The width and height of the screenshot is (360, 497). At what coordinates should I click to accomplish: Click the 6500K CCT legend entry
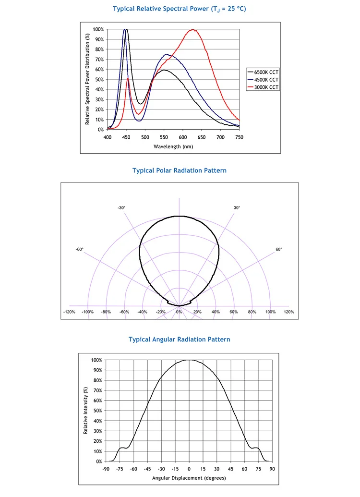[263, 72]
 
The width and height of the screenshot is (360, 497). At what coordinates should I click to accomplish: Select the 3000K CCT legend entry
[263, 87]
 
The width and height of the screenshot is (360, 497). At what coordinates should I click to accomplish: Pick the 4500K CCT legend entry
[263, 80]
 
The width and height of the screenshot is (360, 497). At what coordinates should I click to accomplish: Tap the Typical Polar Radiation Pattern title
[180, 170]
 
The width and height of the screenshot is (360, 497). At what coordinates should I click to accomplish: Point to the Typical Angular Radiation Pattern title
[180, 339]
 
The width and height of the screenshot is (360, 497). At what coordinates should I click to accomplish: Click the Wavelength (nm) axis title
[173, 146]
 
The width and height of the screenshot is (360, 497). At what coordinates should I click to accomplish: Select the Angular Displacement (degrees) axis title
[189, 478]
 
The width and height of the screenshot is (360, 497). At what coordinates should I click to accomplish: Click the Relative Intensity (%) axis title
[85, 411]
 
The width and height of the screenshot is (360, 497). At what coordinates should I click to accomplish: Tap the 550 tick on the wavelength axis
[164, 137]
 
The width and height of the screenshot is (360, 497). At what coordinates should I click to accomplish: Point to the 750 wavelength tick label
[239, 137]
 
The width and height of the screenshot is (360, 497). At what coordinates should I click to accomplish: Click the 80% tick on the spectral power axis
[99, 49]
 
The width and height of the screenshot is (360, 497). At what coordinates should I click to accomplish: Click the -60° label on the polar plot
[80, 249]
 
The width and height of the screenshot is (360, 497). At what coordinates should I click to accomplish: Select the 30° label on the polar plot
[237, 207]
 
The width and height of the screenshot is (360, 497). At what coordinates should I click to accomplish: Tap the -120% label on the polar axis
[70, 312]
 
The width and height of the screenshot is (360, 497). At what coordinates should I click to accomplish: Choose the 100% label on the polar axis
[270, 312]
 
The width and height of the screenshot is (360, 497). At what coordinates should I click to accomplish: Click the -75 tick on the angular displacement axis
[120, 469]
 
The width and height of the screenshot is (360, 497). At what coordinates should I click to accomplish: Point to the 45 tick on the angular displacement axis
[231, 469]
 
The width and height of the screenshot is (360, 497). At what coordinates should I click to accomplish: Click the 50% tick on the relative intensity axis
[97, 411]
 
